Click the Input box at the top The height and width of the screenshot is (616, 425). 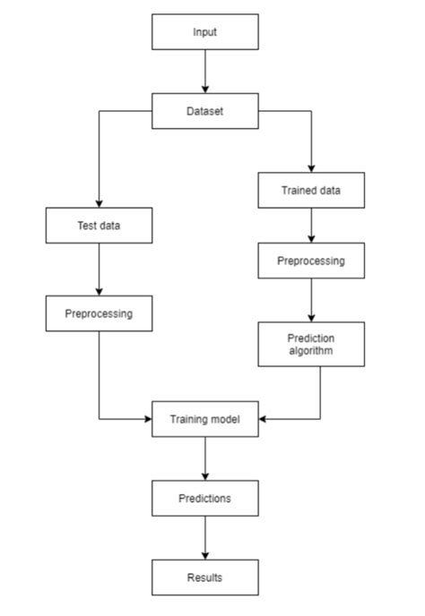tap(205, 32)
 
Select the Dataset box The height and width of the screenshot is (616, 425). tap(205, 112)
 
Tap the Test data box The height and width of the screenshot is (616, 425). tap(99, 226)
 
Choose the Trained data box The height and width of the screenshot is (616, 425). tap(311, 190)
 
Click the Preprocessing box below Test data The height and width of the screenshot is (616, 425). tap(99, 313)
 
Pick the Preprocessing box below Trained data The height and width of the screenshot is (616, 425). tap(311, 261)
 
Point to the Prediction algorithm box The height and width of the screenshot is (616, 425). tap(311, 344)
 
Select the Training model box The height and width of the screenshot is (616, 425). tap(205, 418)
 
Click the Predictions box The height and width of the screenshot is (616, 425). tap(205, 498)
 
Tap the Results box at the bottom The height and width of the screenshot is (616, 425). tap(205, 577)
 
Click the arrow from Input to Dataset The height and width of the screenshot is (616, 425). tap(205, 72)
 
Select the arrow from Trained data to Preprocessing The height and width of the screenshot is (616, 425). tap(311, 226)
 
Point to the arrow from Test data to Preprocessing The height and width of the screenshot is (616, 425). tap(99, 269)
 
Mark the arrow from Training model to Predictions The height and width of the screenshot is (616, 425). tap(205, 458)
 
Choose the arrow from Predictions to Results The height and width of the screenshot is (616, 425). tap(205, 538)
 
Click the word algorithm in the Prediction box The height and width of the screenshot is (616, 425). tap(311, 351)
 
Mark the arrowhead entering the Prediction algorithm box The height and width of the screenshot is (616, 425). tap(311, 317)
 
